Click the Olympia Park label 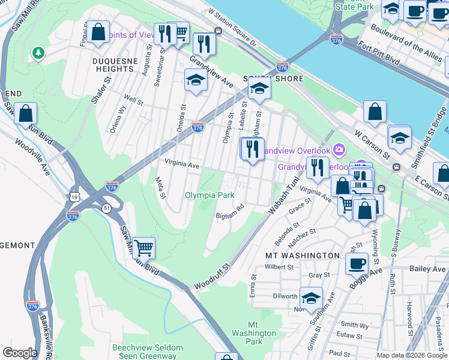[x=209, y=195]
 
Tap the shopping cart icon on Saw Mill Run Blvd [x=143, y=247]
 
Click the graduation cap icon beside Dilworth [x=311, y=298]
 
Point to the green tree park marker [x=38, y=53]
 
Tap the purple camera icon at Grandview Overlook [x=340, y=149]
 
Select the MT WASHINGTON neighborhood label [x=303, y=255]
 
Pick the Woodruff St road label [x=212, y=277]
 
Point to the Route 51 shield [x=106, y=208]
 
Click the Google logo [x=20, y=353]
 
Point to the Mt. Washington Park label [x=254, y=333]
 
